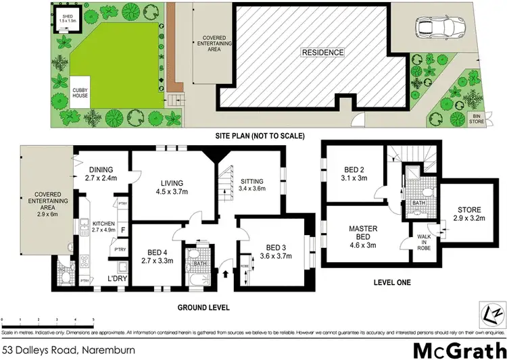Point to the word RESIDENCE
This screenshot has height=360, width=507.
tap(322, 53)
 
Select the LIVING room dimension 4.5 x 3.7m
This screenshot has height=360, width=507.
tap(173, 191)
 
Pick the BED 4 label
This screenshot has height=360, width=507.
tap(155, 250)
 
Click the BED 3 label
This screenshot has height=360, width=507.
tap(277, 247)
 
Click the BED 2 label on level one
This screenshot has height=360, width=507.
tap(354, 170)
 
